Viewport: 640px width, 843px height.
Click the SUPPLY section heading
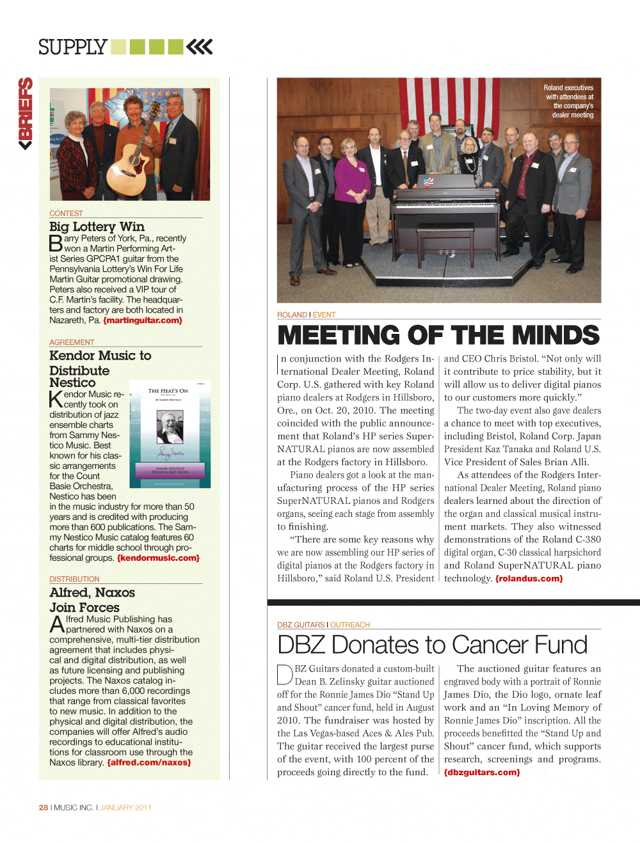[x=72, y=47]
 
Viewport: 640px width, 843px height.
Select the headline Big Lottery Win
[x=97, y=226]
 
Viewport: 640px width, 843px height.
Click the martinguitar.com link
[x=143, y=320]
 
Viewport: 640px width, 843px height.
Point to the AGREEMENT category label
[x=72, y=342]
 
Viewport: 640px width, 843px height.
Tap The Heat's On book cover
[x=170, y=434]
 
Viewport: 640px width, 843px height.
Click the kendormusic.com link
[x=158, y=558]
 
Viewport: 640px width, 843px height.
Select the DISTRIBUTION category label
[x=74, y=579]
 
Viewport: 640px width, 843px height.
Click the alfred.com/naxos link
[x=148, y=762]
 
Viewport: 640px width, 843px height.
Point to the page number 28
[x=43, y=807]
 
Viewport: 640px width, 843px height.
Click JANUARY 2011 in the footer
[x=125, y=807]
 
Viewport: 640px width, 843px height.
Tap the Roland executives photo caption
[x=569, y=101]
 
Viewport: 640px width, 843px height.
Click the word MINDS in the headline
[x=556, y=335]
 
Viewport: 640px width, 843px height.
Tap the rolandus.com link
[x=529, y=579]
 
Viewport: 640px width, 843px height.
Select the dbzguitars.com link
[x=482, y=773]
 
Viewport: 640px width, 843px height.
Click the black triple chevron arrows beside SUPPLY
[x=200, y=47]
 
